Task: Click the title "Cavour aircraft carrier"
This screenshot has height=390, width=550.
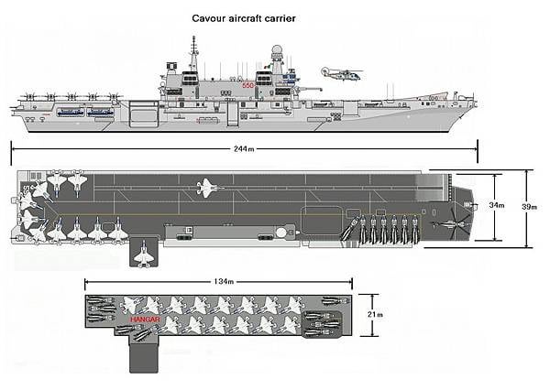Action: coord(243,17)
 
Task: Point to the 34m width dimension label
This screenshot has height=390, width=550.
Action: coord(496,205)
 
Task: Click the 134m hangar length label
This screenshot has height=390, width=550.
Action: coord(217,281)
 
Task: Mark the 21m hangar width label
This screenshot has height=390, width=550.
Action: coord(374,315)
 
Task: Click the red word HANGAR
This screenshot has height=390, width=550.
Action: coord(147,320)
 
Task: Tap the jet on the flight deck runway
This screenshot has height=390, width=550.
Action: coord(208,190)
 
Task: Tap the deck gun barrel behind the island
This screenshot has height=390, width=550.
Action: coord(312,89)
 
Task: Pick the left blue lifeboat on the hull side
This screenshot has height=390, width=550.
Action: coord(70,112)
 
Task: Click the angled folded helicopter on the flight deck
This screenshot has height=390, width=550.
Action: coord(348,231)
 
